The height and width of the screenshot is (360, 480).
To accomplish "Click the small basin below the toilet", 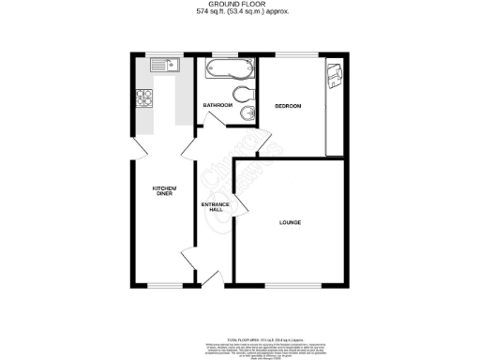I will coord(246,112).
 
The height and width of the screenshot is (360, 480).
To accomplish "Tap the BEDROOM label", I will coord(288,106).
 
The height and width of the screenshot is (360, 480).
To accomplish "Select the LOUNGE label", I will coord(289,222).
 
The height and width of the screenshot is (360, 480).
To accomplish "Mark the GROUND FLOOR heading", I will coord(239,5).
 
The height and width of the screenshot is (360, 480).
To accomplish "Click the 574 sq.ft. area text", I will coord(239,11).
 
